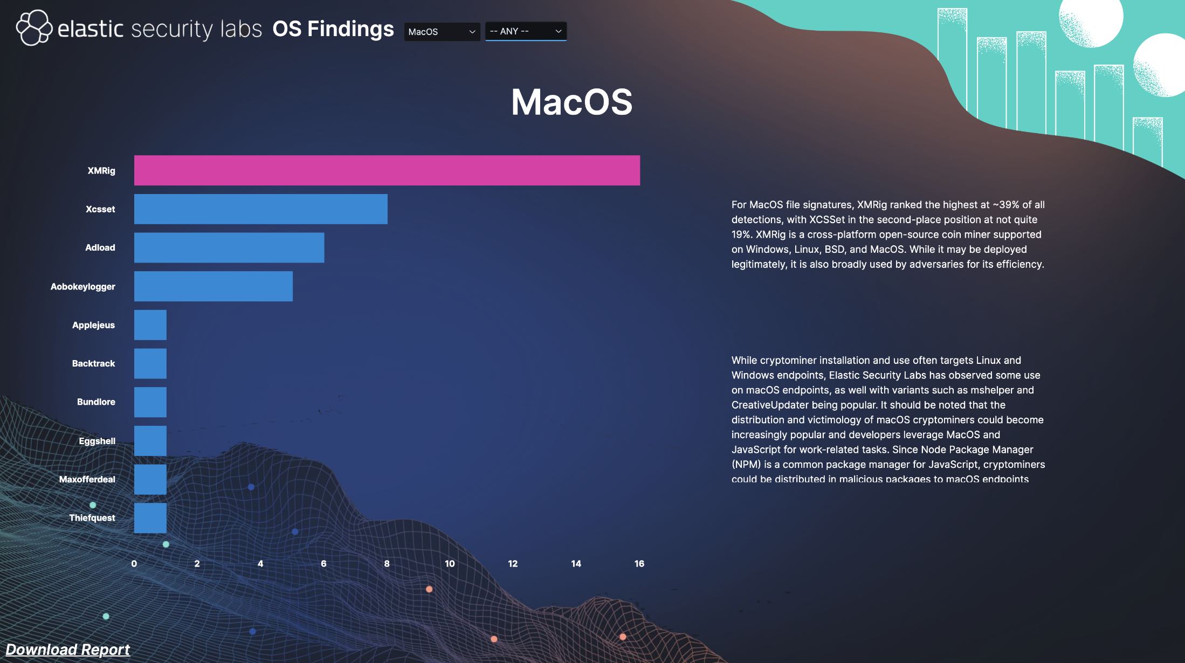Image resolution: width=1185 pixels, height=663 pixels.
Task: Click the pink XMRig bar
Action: pos(387,170)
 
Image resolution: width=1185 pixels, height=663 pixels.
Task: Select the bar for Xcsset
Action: pos(261,209)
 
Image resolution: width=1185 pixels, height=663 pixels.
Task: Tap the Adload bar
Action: pos(229,247)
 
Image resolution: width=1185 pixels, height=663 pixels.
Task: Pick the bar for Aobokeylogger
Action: pos(213,286)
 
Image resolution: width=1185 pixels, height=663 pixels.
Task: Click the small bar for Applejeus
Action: pos(150,325)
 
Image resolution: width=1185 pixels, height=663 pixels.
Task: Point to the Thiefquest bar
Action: pos(150,518)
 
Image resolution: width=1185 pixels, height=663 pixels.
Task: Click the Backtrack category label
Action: pos(94,363)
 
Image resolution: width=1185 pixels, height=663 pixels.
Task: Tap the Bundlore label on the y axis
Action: pos(96,402)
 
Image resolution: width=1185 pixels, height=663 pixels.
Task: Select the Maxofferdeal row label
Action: pos(87,479)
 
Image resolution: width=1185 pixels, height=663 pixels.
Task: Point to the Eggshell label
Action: pos(97,441)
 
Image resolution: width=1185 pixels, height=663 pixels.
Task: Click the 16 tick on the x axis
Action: pos(639,563)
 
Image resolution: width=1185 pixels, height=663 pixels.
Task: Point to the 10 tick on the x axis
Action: pos(450,563)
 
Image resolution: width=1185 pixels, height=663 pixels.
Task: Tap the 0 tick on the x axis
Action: pos(134,563)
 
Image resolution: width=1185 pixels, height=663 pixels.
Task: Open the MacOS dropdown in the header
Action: pos(442,31)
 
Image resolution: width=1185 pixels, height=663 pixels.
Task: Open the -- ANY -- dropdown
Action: pos(526,31)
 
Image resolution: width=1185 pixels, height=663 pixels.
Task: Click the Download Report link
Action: pos(68,650)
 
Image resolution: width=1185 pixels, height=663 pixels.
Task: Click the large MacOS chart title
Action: pos(572,102)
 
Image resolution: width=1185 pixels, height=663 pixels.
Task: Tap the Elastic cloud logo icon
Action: pos(34,27)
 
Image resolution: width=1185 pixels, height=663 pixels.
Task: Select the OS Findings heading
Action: pos(333,29)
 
